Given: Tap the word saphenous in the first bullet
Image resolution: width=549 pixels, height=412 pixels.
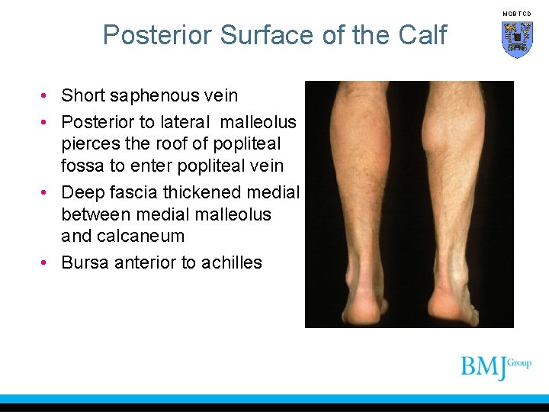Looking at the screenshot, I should tap(157, 96).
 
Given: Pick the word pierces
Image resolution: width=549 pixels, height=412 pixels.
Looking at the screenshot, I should tap(90, 143).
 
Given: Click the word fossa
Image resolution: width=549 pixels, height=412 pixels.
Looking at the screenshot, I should tap(83, 165).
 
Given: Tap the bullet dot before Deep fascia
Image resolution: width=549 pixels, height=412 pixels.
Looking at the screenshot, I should tap(47, 193).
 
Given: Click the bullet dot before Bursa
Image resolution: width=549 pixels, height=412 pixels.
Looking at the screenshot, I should tap(47, 263).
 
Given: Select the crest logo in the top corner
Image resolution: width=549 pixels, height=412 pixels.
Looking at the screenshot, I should tap(517, 39).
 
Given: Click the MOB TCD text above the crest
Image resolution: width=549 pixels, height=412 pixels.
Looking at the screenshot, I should tap(517, 14).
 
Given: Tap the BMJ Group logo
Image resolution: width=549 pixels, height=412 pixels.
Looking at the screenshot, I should tap(495, 367).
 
